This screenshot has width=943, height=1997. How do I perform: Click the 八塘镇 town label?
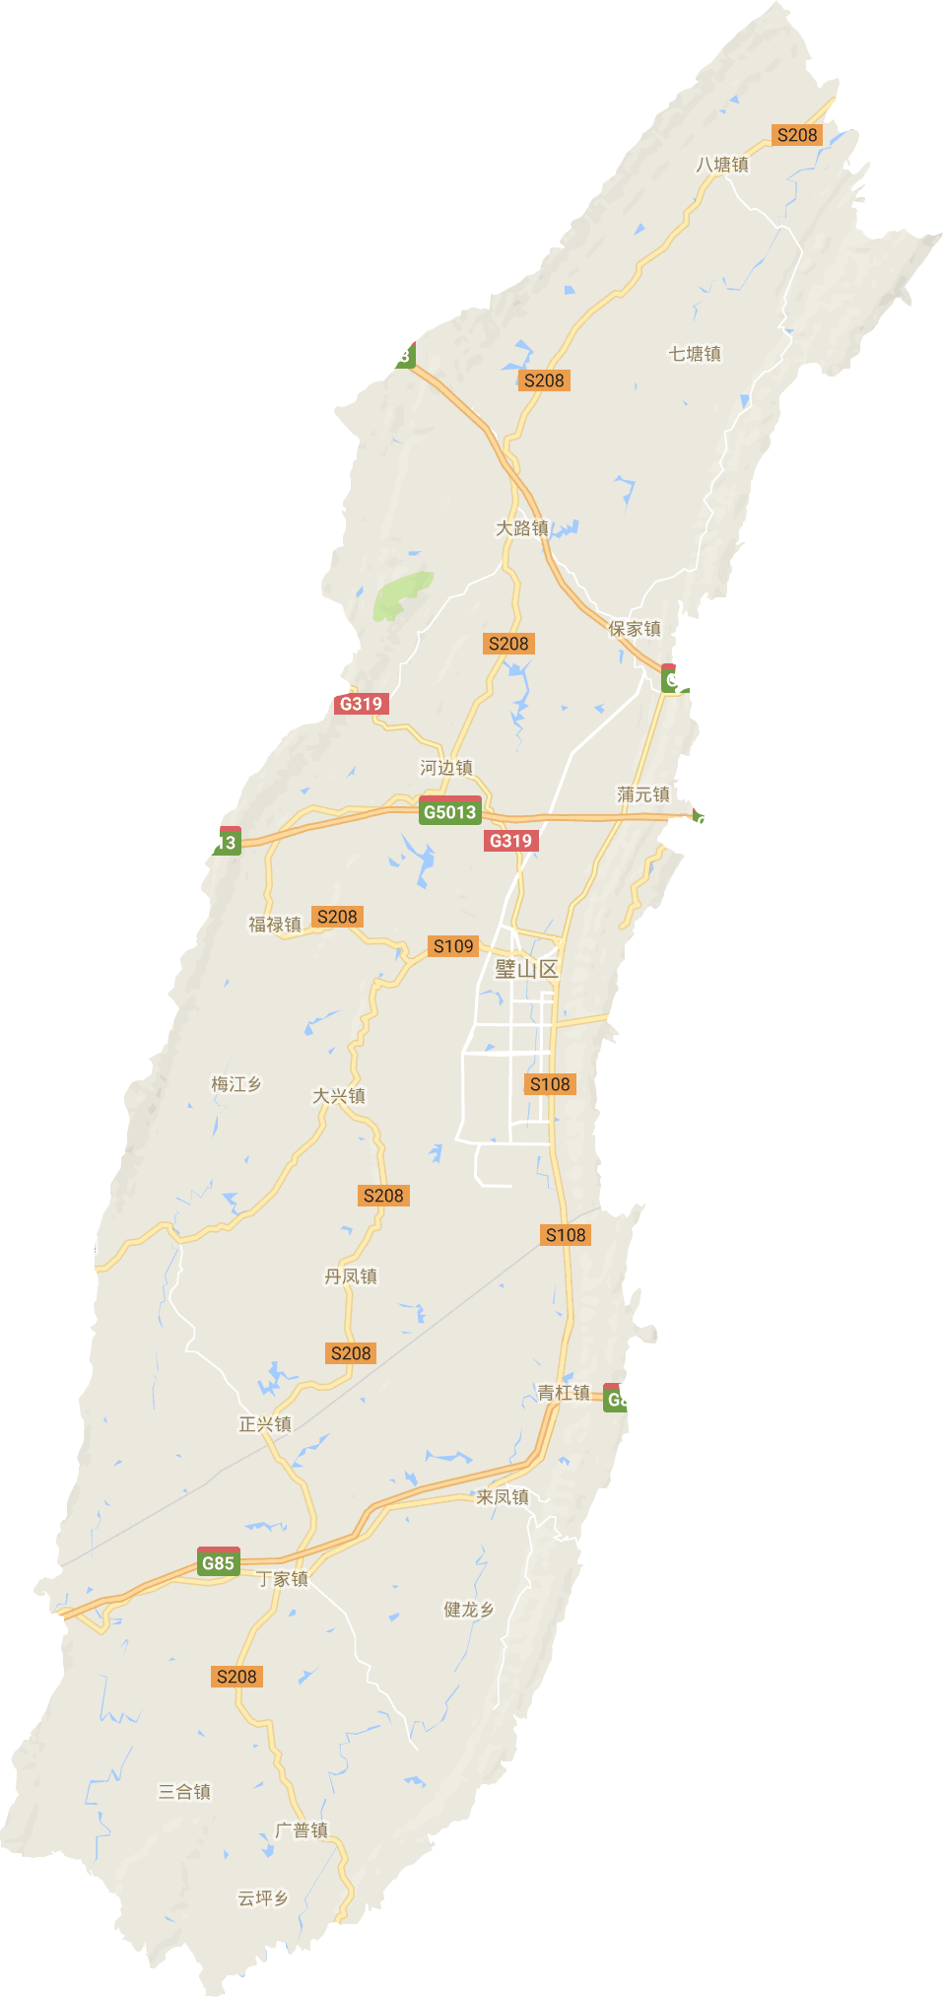[x=722, y=165]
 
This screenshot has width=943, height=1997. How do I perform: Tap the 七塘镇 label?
[x=695, y=354]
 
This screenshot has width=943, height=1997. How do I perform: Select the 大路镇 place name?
[x=521, y=528]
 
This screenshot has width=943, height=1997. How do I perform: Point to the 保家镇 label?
[x=635, y=629]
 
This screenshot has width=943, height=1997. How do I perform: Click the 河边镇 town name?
[x=446, y=768]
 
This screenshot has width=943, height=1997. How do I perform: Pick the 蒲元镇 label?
[x=643, y=794]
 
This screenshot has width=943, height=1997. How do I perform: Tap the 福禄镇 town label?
[x=275, y=925]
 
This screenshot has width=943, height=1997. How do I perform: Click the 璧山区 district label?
[x=526, y=969]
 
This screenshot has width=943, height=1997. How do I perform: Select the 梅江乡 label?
[x=236, y=1084]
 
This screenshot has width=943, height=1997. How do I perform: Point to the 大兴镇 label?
[x=339, y=1096]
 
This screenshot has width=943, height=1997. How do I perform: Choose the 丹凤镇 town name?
[x=351, y=1276]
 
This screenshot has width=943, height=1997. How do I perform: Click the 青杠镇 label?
[x=564, y=1393]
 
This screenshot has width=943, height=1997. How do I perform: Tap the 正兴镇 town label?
[x=265, y=1424]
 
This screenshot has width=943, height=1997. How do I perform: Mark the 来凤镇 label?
[x=503, y=1497]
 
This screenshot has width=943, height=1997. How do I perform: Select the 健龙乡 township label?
[x=469, y=1610]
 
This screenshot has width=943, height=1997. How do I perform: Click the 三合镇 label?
[x=185, y=1792]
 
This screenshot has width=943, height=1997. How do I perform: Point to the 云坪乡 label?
[x=263, y=1898]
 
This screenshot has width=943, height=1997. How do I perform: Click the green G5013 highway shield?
[x=449, y=812]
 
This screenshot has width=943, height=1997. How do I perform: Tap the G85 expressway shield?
[x=218, y=1562]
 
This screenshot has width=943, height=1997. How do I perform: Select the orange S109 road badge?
[x=453, y=946]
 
